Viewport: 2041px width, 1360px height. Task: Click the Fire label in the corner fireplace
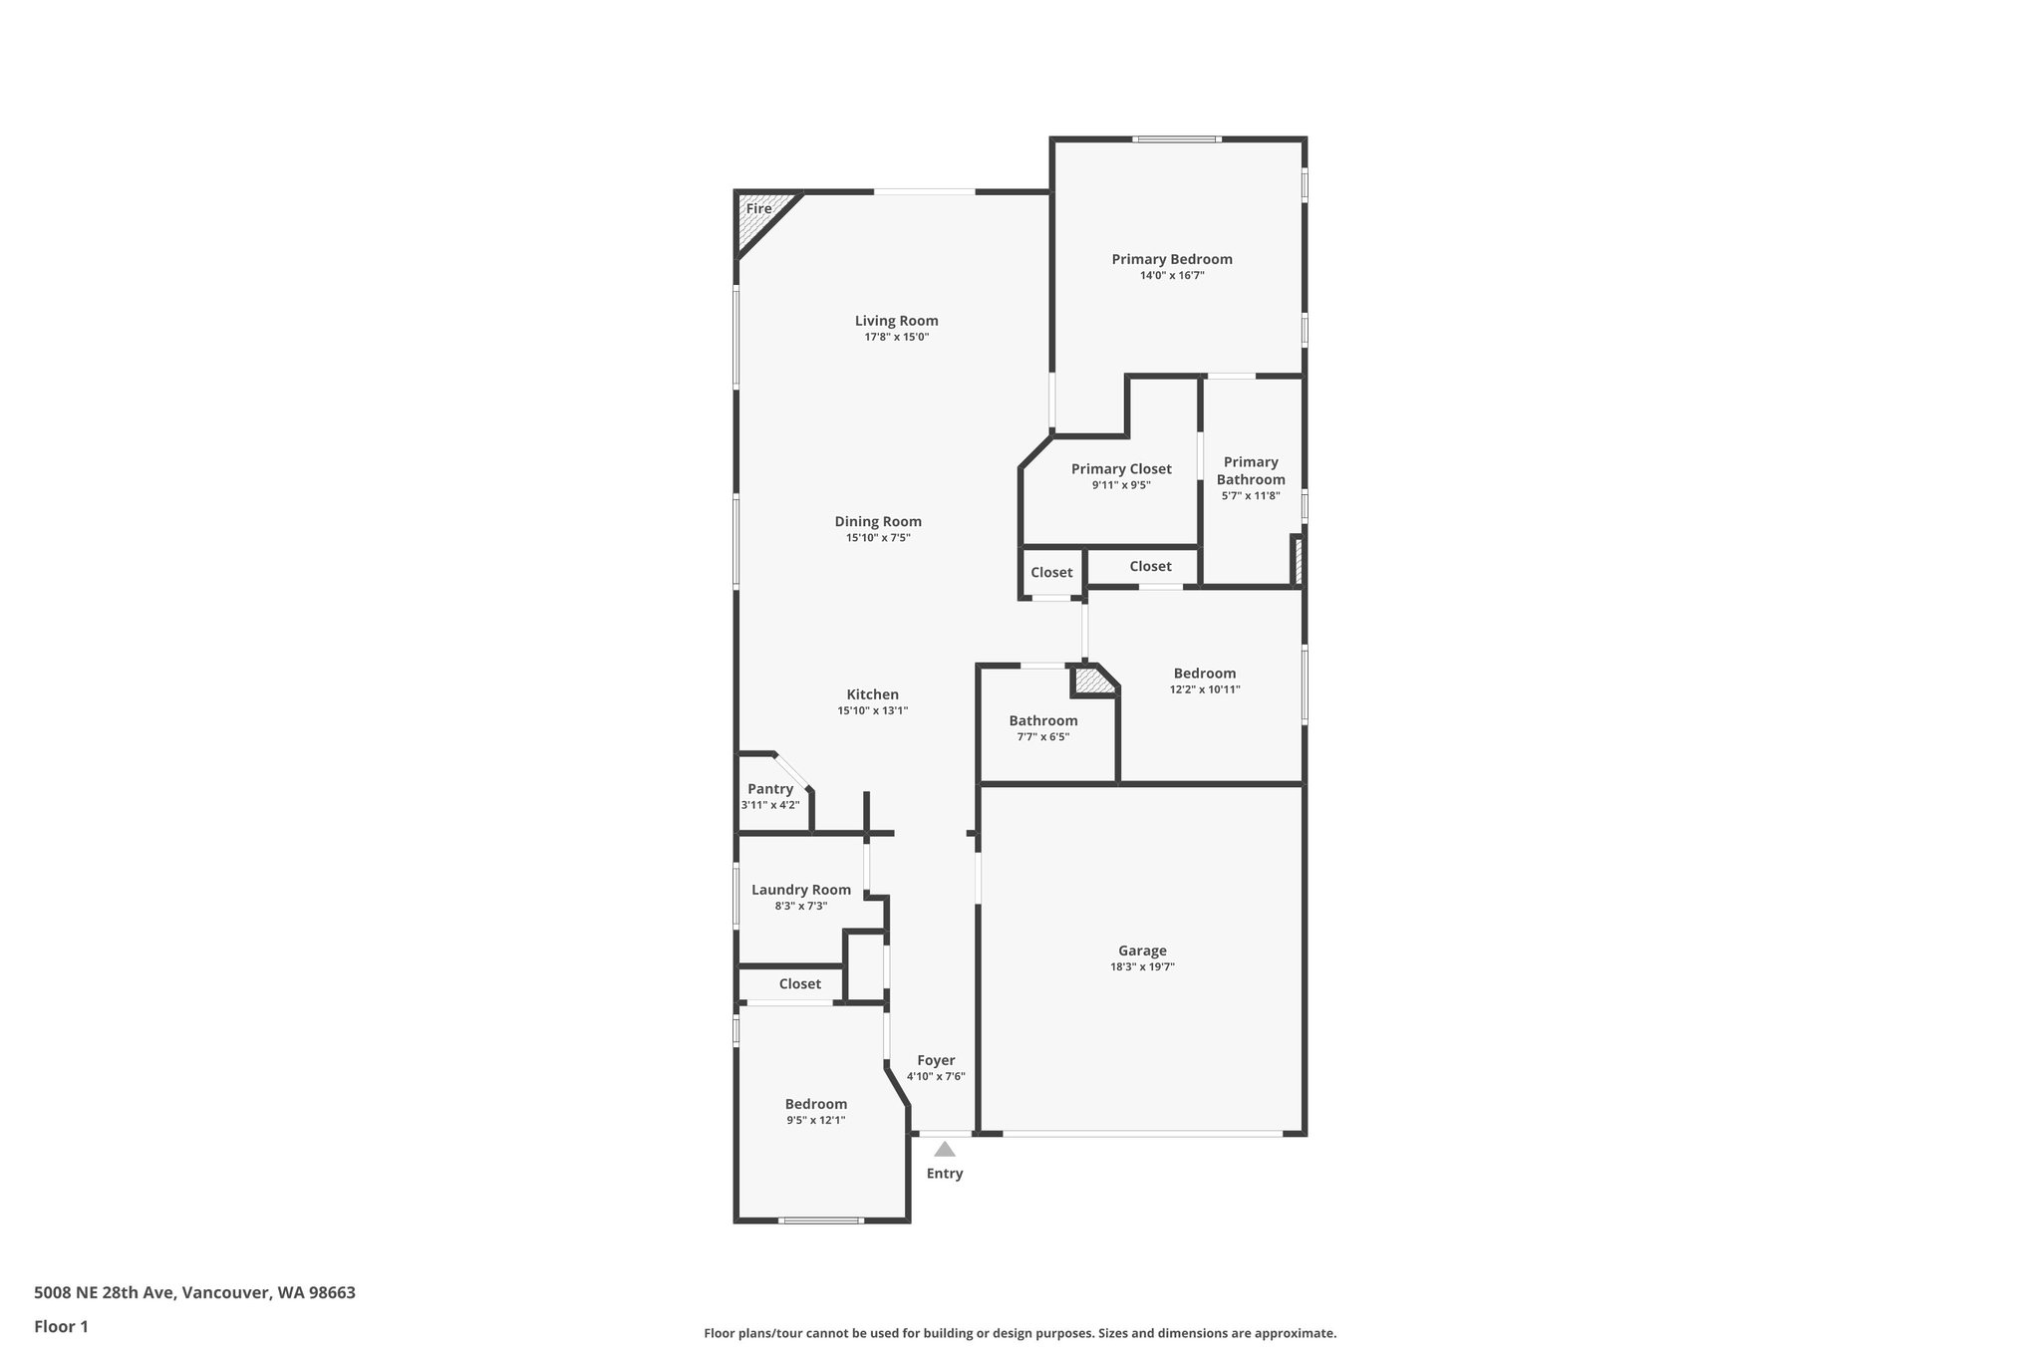tap(758, 209)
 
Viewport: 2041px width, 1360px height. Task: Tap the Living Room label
tap(896, 321)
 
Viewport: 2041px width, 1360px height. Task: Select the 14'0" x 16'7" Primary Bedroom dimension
tap(1172, 276)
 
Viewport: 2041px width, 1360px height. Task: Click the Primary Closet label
tap(1121, 469)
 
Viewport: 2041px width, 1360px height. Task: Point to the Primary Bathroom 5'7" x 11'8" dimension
tap(1250, 496)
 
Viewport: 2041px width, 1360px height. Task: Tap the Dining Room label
tap(878, 521)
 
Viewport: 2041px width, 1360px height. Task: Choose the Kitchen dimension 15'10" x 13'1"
tap(872, 711)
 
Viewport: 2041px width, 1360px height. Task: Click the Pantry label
tap(770, 789)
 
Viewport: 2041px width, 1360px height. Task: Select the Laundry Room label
tap(800, 890)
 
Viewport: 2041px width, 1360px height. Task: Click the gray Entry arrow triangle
tap(945, 1150)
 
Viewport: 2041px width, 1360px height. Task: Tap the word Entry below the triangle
tap(945, 1174)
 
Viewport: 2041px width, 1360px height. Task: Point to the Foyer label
tap(936, 1060)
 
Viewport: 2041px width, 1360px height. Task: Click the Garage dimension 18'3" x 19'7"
tap(1142, 967)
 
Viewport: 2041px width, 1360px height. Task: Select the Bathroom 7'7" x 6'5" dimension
tap(1043, 737)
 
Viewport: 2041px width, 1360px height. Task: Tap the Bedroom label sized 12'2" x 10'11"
tap(1204, 674)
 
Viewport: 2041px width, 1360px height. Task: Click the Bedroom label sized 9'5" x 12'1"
tap(815, 1104)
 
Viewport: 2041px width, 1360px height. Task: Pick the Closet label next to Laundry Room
tap(799, 984)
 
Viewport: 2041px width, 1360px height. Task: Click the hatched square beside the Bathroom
tap(1093, 681)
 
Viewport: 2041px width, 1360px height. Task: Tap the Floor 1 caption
tap(61, 1326)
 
